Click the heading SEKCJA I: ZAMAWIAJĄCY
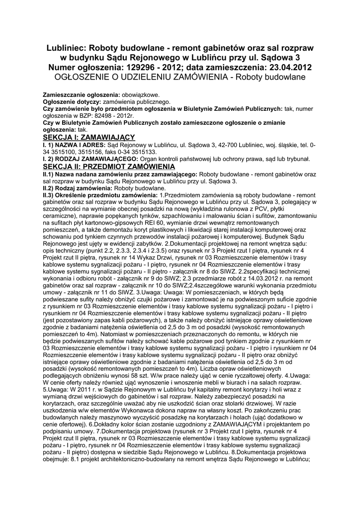click(89, 137)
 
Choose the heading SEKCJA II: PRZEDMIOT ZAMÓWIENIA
click(106, 166)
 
